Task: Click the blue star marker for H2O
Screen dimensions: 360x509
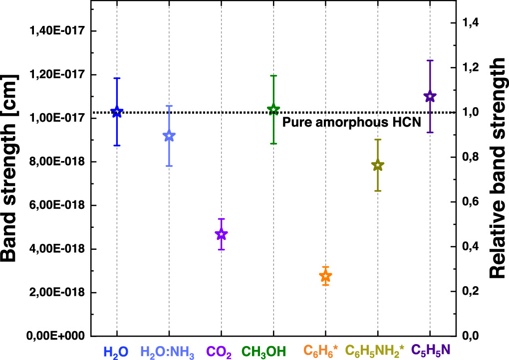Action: pos(117,112)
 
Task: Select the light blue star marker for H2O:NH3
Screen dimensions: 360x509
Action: pos(169,136)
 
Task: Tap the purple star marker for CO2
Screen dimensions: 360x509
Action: pos(221,234)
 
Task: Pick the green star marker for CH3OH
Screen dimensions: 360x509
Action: pos(273,110)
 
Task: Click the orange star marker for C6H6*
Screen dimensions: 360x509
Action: pos(325,276)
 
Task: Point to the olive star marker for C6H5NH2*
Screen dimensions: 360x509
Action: pos(378,166)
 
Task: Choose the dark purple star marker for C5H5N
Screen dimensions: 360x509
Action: pos(430,97)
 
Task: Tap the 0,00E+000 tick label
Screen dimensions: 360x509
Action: pos(56,336)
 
